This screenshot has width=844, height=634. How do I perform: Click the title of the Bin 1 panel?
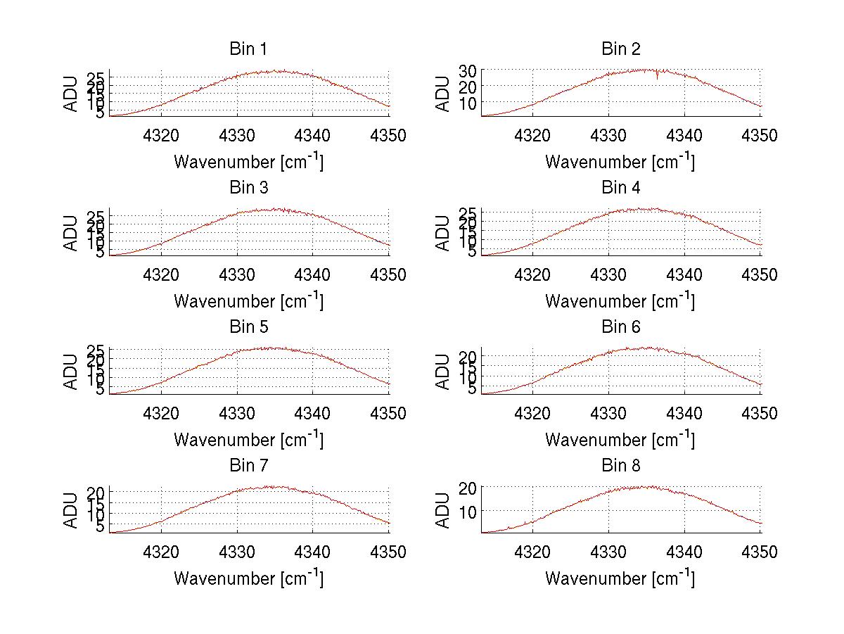248,49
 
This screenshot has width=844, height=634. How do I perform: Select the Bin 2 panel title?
620,49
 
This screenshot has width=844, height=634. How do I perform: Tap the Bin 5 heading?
248,327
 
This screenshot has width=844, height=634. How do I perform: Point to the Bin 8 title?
620,466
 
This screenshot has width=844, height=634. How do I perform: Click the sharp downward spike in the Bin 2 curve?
658,77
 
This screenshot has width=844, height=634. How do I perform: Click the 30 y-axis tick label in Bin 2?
468,70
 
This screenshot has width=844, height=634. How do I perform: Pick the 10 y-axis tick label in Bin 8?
468,510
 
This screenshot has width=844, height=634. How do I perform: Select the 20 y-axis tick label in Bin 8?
468,488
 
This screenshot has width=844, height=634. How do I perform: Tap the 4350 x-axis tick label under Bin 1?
388,136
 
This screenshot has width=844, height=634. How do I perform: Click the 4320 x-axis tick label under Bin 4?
533,274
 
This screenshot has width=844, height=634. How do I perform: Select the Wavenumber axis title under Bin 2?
620,162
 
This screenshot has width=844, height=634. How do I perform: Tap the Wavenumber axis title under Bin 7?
248,578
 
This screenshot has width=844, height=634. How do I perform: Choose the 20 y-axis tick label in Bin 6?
468,357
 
